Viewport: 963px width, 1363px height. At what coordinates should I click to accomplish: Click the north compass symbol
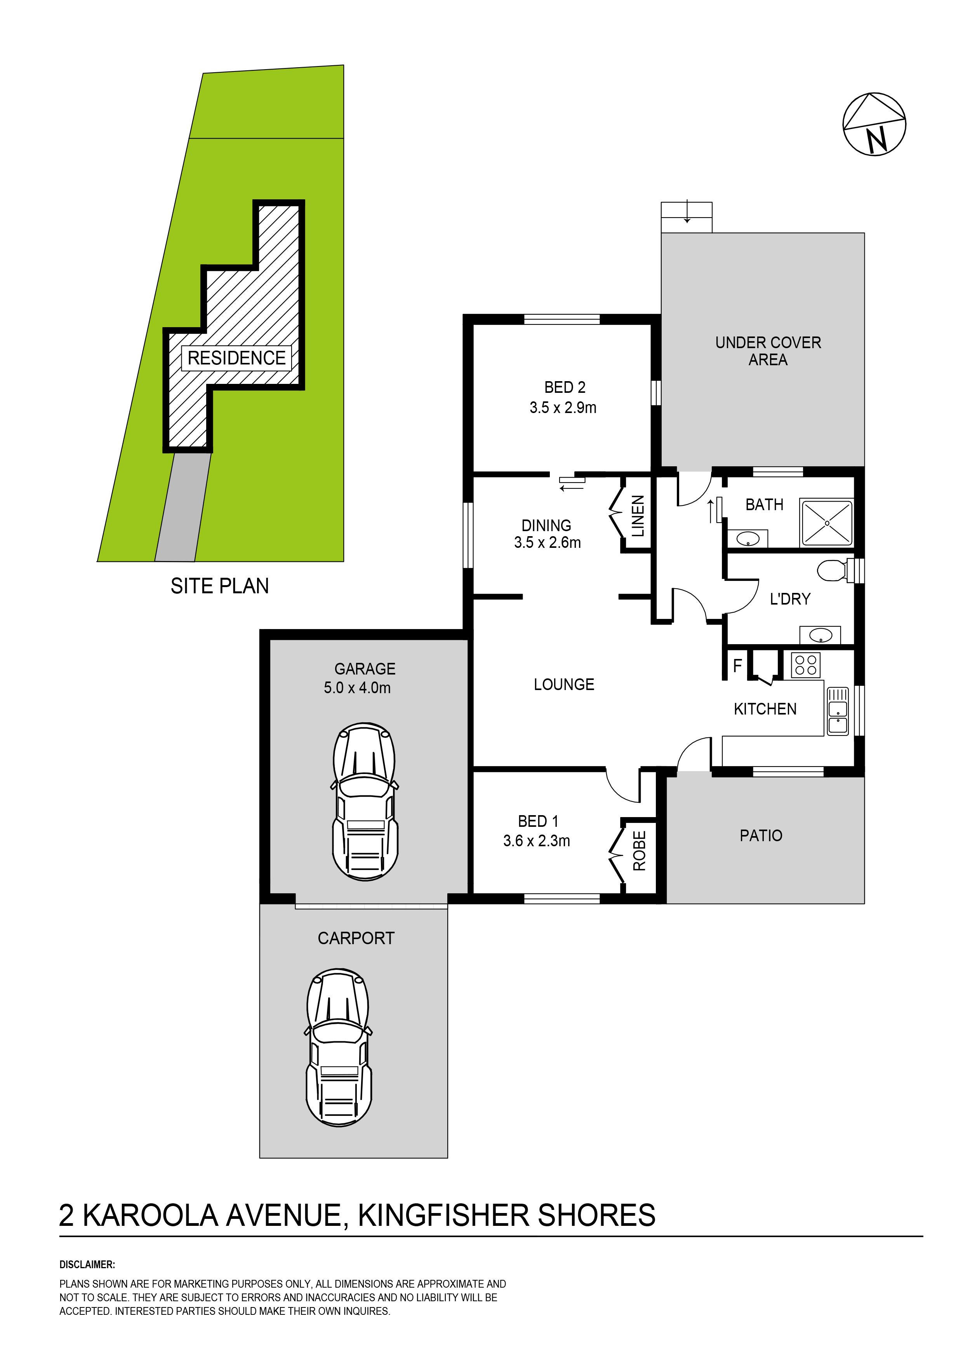(874, 124)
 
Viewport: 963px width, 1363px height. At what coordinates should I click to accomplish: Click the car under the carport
(338, 1048)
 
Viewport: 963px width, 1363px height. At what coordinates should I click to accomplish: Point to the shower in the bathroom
(827, 523)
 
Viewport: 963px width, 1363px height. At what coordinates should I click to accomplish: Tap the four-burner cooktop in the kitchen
(806, 665)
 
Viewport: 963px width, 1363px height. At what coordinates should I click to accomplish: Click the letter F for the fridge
(737, 666)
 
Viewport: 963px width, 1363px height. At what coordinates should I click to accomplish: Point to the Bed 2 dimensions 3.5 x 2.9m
(563, 408)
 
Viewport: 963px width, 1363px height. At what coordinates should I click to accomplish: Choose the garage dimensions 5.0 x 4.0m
(357, 688)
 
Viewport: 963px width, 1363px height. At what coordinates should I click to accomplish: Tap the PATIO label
(761, 836)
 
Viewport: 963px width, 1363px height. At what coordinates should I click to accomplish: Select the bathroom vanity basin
(747, 539)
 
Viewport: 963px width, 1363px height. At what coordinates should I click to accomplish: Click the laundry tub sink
(820, 635)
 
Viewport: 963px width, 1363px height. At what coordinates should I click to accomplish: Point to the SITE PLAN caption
(219, 586)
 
